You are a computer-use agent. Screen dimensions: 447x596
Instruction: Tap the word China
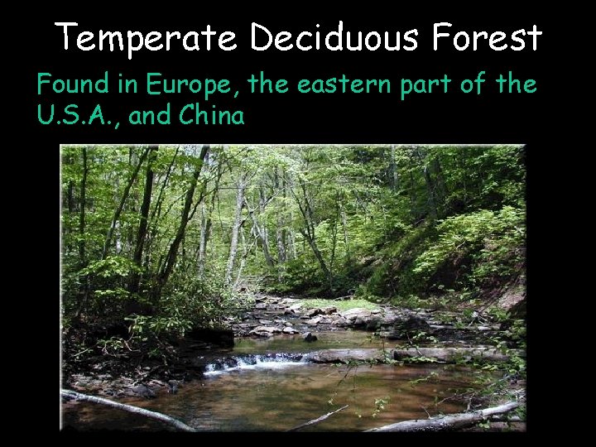(x=211, y=116)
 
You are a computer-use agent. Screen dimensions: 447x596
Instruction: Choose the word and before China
(x=151, y=116)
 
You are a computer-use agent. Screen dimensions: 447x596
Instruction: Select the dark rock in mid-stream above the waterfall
(x=310, y=337)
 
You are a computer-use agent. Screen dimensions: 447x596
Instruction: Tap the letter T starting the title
(x=67, y=38)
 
